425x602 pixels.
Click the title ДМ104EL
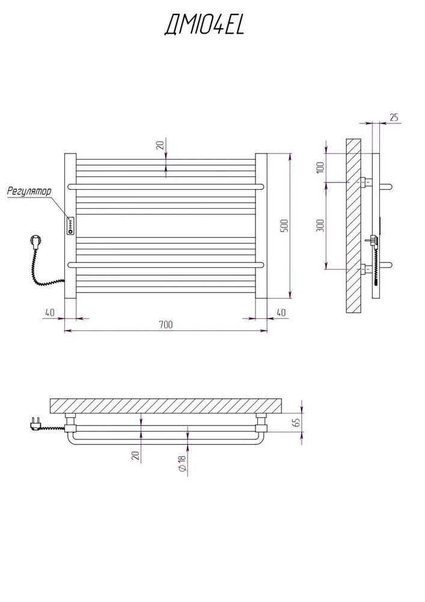(x=204, y=26)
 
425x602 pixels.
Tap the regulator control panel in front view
(x=71, y=225)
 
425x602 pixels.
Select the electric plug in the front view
(x=34, y=242)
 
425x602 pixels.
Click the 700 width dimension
(x=165, y=324)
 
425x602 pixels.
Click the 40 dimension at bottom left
(x=49, y=312)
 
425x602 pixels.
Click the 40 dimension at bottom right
(x=281, y=312)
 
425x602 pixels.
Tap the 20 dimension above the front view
(x=160, y=145)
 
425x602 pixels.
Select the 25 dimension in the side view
(x=394, y=117)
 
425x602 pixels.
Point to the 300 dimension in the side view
(x=321, y=225)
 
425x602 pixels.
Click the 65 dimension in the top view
(x=296, y=423)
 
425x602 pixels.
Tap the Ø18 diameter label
(x=182, y=463)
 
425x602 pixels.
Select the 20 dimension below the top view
(x=135, y=455)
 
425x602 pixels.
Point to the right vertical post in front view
(x=261, y=226)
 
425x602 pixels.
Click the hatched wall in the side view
(x=353, y=225)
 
